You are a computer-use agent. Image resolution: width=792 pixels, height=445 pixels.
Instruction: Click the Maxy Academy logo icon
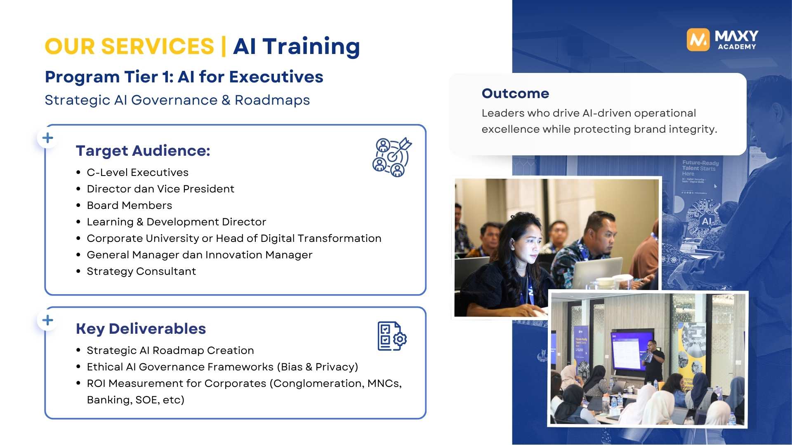tap(698, 40)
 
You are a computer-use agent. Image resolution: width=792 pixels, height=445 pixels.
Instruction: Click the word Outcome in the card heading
tap(515, 94)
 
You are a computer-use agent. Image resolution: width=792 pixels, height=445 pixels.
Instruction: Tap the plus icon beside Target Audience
tap(48, 138)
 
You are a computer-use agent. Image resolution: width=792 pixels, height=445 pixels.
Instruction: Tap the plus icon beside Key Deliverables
tap(48, 320)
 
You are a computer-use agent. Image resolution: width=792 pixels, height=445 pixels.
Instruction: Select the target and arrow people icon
tap(392, 157)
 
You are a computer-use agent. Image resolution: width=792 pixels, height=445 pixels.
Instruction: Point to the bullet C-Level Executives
tap(137, 172)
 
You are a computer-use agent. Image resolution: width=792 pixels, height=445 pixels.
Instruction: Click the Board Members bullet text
tap(129, 205)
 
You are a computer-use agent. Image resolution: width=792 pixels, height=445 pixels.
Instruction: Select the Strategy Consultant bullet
tap(141, 271)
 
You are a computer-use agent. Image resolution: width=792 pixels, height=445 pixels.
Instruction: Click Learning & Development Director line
tap(176, 222)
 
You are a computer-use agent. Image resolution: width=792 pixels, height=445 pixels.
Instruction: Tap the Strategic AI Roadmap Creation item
tap(170, 350)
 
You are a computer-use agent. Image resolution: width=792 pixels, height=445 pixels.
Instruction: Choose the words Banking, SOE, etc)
tap(135, 400)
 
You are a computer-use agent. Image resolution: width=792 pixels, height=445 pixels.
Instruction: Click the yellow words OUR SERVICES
tap(130, 46)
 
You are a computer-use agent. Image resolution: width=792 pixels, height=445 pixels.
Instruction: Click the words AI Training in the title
tap(296, 46)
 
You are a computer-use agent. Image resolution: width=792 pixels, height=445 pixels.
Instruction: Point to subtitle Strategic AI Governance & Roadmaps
tap(177, 100)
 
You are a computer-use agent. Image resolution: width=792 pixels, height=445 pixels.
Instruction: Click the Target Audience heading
tap(143, 151)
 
